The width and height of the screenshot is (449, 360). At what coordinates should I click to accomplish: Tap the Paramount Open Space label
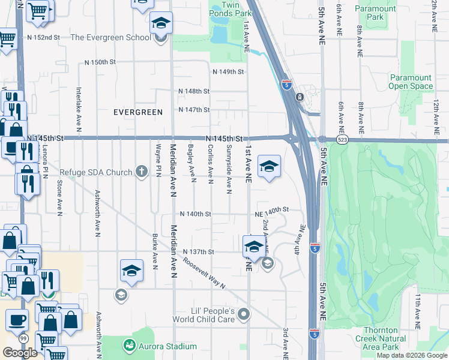pyautogui.click(x=411, y=82)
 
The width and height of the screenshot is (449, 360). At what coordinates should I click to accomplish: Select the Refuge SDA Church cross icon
pyautogui.click(x=142, y=172)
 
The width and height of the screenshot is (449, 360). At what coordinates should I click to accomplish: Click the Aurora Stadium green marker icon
pyautogui.click(x=129, y=346)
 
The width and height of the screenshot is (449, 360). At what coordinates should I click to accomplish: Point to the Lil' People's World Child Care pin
pyautogui.click(x=243, y=314)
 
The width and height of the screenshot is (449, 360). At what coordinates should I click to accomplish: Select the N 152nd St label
pyautogui.click(x=44, y=37)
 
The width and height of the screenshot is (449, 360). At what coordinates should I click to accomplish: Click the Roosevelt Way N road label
pyautogui.click(x=204, y=273)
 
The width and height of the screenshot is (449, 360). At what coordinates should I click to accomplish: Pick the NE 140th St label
pyautogui.click(x=272, y=210)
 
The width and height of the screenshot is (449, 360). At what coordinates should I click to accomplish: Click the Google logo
pyautogui.click(x=20, y=353)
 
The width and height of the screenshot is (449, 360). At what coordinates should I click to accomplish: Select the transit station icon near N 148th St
pyautogui.click(x=299, y=97)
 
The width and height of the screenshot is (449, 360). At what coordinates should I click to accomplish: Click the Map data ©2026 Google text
pyautogui.click(x=411, y=355)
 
